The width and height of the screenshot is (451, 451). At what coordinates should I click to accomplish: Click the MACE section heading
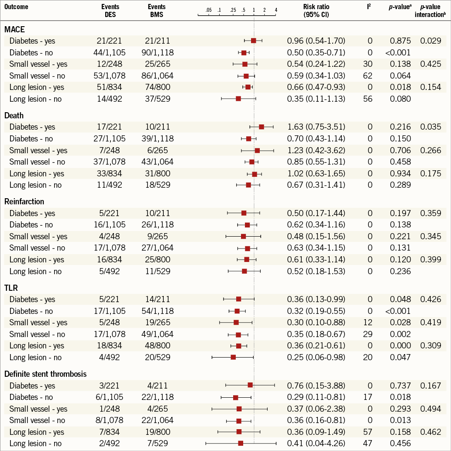tap(14, 30)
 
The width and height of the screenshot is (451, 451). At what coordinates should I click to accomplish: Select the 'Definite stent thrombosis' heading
tap(45, 374)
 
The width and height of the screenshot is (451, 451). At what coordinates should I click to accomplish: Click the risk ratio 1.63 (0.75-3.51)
tap(316, 127)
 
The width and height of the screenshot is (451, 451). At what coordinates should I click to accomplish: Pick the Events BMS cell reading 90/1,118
tap(158, 52)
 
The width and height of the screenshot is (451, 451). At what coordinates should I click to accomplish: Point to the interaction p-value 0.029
tap(430, 41)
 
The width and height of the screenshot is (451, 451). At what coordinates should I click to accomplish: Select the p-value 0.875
tap(401, 41)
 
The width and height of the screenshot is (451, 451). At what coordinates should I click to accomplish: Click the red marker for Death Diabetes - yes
tap(262, 127)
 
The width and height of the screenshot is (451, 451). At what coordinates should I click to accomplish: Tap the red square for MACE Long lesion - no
tap(238, 99)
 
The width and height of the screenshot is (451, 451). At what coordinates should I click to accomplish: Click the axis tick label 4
tap(276, 10)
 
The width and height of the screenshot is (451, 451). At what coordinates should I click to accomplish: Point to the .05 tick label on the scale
tap(209, 10)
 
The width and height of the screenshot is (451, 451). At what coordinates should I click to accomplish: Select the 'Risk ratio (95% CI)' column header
tap(316, 10)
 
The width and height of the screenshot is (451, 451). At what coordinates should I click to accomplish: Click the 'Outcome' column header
tap(17, 7)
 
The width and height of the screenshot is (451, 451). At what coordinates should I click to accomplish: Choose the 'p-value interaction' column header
tap(432, 10)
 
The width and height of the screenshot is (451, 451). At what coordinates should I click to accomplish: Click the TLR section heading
tap(11, 288)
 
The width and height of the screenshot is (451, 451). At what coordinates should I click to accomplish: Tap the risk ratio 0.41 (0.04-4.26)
tap(316, 443)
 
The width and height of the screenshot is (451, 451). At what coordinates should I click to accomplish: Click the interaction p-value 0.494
tap(430, 409)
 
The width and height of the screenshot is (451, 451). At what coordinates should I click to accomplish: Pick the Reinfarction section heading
tap(24, 202)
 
